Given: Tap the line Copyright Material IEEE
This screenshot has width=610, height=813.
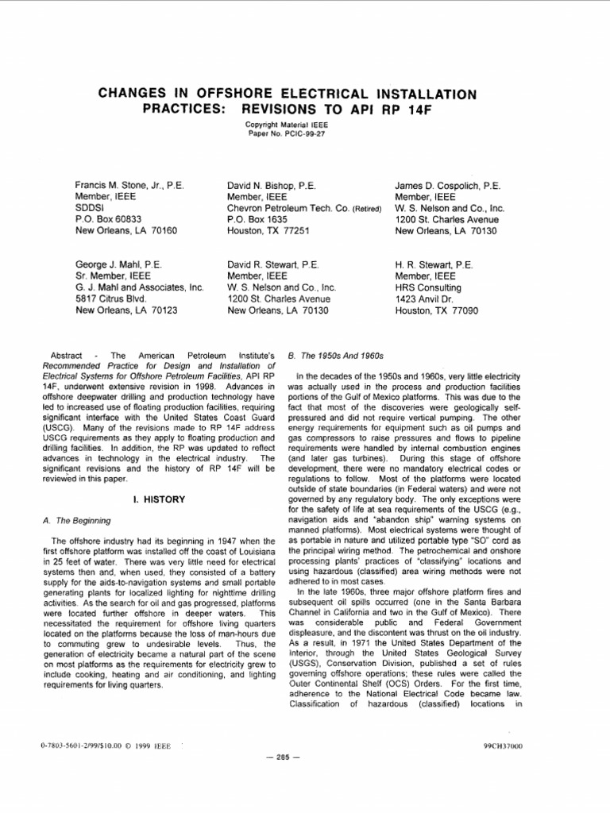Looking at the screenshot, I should pos(286,125).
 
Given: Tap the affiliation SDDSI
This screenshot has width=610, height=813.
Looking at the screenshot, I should pos(89,208).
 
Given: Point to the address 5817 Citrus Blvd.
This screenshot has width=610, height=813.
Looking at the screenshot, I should pos(111,299).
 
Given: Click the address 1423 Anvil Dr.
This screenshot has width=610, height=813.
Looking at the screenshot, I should pos(424,299).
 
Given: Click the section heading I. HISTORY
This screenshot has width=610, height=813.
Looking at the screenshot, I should pos(159,499).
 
